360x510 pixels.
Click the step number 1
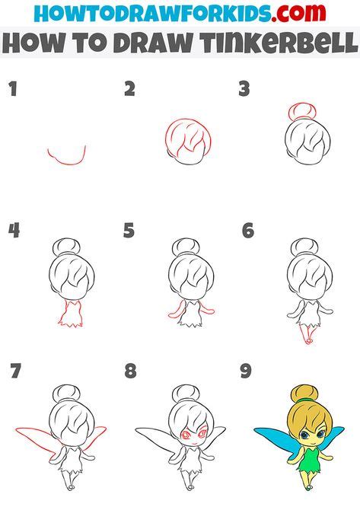[x=12, y=90]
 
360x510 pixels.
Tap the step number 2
[x=130, y=90]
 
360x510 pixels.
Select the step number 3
[x=244, y=90]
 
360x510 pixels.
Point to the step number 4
[x=13, y=231]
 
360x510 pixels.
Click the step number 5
[x=129, y=231]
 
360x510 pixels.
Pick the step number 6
[x=247, y=231]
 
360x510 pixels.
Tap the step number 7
[x=15, y=372]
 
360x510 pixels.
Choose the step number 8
[x=131, y=372]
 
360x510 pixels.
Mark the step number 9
[x=245, y=372]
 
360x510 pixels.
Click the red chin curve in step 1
[x=67, y=157]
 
